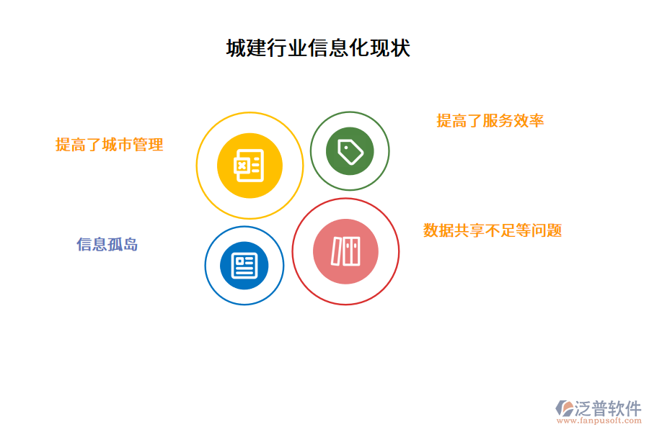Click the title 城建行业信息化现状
(318, 49)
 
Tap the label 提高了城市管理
(110, 145)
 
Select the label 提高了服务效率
(490, 121)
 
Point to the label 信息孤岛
(107, 245)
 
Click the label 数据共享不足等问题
(493, 230)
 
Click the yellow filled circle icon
(250, 166)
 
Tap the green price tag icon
(350, 151)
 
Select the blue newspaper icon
(244, 266)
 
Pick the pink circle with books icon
(345, 251)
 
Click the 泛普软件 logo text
(608, 409)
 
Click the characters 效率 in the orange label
(529, 121)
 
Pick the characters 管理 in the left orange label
(149, 145)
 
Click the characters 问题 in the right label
(547, 230)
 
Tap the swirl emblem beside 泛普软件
(565, 408)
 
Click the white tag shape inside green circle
(350, 152)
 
